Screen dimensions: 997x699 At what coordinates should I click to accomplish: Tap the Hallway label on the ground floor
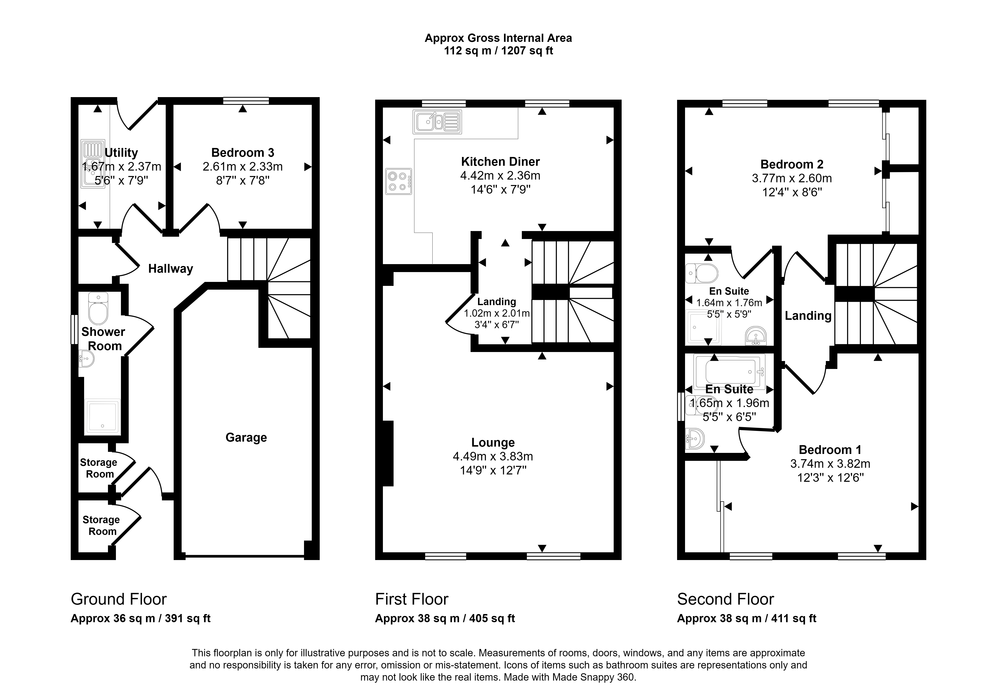pyautogui.click(x=171, y=269)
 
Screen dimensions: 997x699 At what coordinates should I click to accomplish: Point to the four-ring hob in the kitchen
pyautogui.click(x=398, y=181)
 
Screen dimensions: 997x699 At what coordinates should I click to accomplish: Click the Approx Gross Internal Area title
pyautogui.click(x=498, y=38)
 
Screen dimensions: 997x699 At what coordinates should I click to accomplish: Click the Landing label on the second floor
pyautogui.click(x=808, y=316)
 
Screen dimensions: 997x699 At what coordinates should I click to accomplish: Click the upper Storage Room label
pyautogui.click(x=99, y=468)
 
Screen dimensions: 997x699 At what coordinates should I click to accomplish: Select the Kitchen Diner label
pyautogui.click(x=500, y=162)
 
